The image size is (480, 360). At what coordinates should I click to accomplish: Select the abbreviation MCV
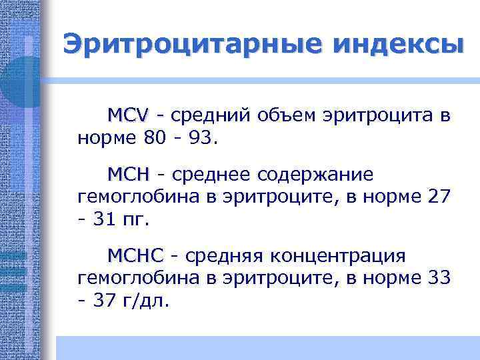[128, 115]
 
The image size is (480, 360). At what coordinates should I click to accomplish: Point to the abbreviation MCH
[128, 175]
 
